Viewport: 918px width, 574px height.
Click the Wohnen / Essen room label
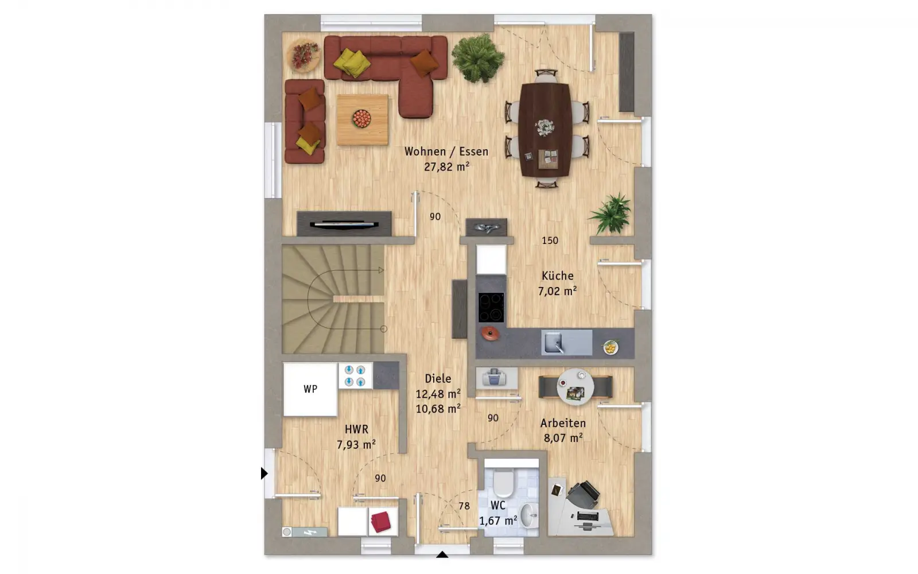(x=446, y=152)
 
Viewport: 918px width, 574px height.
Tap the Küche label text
(x=557, y=276)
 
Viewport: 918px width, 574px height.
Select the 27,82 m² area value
(x=446, y=167)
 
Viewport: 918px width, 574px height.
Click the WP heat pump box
(x=310, y=390)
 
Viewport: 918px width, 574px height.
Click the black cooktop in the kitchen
(x=491, y=307)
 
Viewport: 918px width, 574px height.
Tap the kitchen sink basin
(x=553, y=342)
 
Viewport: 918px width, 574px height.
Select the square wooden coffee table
(x=362, y=120)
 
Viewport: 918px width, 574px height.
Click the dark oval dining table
(x=545, y=130)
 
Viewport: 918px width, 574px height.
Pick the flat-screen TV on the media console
(x=344, y=224)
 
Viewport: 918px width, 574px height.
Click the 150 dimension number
(x=550, y=241)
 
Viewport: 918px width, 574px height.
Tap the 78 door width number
(x=464, y=506)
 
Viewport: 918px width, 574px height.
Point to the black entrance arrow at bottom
(x=442, y=554)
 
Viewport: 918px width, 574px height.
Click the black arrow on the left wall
(x=264, y=474)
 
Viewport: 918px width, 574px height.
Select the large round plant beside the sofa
(x=478, y=59)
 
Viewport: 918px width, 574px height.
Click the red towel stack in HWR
(x=381, y=522)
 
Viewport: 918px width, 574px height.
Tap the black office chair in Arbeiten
(x=583, y=495)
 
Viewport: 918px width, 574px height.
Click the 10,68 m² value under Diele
(x=438, y=409)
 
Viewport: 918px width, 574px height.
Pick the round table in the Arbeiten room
(x=575, y=387)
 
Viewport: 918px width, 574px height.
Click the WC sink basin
(x=528, y=515)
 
